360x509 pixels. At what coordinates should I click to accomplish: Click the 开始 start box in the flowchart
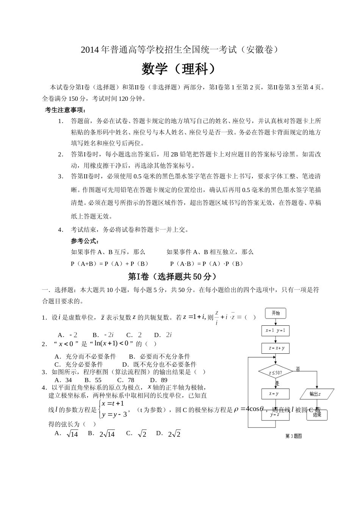click(275, 313)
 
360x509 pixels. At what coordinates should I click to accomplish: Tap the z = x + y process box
click(275, 348)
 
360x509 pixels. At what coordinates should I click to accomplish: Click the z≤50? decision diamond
click(275, 372)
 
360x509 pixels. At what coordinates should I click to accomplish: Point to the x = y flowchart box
click(275, 393)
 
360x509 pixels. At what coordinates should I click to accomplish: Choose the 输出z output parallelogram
click(316, 394)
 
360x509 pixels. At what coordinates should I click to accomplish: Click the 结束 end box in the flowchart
click(317, 415)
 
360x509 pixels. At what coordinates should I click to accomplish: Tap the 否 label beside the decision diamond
click(298, 369)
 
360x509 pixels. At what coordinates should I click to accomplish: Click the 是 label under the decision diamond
click(277, 383)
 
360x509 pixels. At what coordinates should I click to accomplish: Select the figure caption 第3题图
click(293, 436)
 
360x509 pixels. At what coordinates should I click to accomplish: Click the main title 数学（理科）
click(180, 69)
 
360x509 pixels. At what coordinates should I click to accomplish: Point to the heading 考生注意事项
click(65, 110)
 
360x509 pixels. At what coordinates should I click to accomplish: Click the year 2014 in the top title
click(90, 50)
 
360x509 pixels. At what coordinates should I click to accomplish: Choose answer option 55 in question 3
click(98, 380)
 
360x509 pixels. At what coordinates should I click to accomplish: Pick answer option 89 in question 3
click(164, 380)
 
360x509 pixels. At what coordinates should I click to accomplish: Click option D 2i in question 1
click(168, 335)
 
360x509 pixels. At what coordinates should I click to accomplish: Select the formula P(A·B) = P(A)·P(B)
click(207, 264)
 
